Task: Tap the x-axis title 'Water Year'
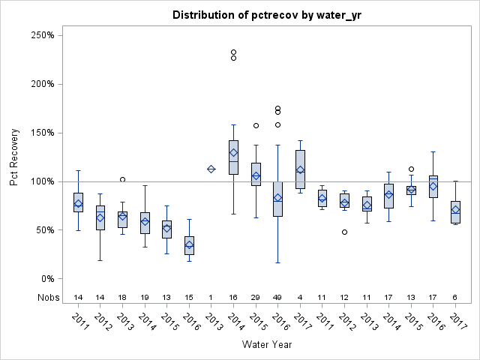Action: click(x=266, y=344)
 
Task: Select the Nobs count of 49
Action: click(x=277, y=297)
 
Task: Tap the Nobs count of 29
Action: click(x=256, y=297)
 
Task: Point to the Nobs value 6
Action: click(x=455, y=297)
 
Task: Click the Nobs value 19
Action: click(x=145, y=297)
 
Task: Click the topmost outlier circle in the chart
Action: click(x=233, y=52)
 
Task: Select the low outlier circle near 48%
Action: click(x=344, y=232)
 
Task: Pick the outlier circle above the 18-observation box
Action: click(x=123, y=179)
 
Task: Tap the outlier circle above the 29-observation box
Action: click(x=256, y=126)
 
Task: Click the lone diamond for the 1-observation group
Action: click(x=211, y=169)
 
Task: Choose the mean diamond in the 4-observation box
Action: click(x=300, y=170)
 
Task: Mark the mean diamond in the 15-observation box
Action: click(x=189, y=245)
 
